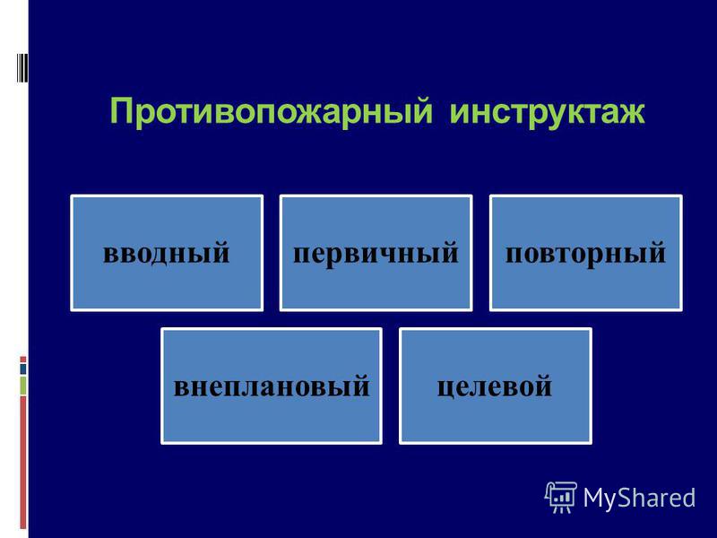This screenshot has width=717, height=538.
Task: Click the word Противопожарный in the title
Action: (272, 111)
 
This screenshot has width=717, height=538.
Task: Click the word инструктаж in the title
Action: (548, 111)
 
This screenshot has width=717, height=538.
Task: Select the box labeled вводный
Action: (167, 253)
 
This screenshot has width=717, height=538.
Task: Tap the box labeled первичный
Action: (376, 253)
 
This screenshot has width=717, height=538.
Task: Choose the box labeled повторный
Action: (586, 253)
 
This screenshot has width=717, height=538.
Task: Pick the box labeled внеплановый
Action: (272, 386)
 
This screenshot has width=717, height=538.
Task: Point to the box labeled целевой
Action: (496, 386)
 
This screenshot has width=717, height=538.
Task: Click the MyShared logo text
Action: (639, 498)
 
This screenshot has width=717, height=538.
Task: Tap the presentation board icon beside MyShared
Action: (561, 498)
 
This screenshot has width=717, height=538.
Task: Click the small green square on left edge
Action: (23, 386)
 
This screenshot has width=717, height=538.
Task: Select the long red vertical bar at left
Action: (23, 463)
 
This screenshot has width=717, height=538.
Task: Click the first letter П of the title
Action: (122, 110)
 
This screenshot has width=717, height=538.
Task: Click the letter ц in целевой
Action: (446, 388)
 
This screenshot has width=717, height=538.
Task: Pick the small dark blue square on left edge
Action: (23, 369)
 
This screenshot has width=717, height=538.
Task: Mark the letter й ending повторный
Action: (656, 251)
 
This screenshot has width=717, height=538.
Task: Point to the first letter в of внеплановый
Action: (182, 387)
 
